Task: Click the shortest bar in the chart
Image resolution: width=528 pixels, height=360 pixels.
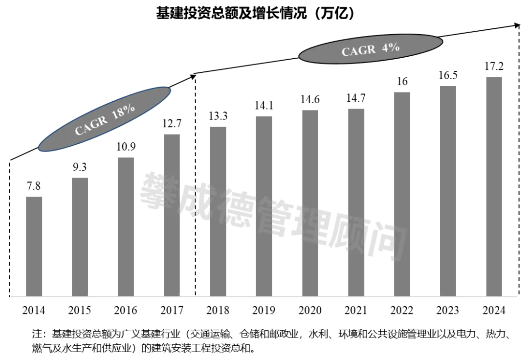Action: [x=33, y=246]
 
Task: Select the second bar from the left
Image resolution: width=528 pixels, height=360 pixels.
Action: [x=80, y=236]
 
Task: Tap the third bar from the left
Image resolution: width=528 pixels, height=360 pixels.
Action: [x=127, y=226]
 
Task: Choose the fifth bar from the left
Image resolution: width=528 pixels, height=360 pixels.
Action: [x=217, y=210]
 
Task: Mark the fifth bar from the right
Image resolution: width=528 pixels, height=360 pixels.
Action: [x=311, y=202]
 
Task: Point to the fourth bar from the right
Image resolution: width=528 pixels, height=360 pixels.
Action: [x=358, y=201]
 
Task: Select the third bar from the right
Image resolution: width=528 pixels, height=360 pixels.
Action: [x=401, y=193]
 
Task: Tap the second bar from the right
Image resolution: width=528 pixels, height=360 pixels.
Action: [x=448, y=191]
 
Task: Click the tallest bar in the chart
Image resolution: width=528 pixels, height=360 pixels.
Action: [x=495, y=185]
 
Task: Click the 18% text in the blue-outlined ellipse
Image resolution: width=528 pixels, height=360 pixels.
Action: [x=123, y=112]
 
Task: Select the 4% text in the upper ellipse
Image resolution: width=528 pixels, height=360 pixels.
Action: [x=391, y=48]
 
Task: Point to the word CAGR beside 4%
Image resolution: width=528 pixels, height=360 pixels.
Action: [x=358, y=51]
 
